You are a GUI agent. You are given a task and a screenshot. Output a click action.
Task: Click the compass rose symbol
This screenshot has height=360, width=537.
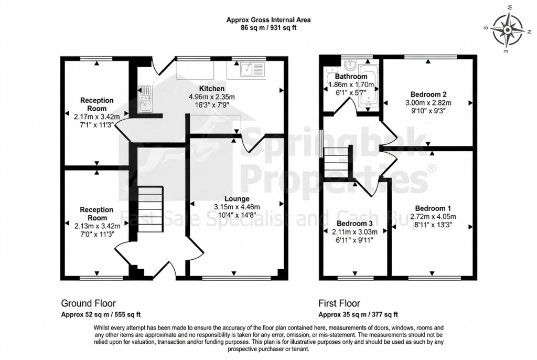pyautogui.click(x=508, y=30)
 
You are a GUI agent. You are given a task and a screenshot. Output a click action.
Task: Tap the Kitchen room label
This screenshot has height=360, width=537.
pyautogui.click(x=212, y=89)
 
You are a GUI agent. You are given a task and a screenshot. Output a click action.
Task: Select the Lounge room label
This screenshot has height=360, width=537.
pyautogui.click(x=237, y=198)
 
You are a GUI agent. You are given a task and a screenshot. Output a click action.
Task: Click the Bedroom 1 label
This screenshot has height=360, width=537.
pyautogui.click(x=433, y=208)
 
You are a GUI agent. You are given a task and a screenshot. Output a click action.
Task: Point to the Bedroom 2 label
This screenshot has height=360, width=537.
pyautogui.click(x=428, y=94)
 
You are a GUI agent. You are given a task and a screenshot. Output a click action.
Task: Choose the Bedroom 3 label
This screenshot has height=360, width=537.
pyautogui.click(x=355, y=224)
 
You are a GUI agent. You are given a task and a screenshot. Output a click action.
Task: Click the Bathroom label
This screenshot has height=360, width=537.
pyautogui.click(x=351, y=77)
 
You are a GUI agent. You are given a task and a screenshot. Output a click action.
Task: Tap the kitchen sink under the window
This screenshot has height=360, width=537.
pyautogui.click(x=253, y=70)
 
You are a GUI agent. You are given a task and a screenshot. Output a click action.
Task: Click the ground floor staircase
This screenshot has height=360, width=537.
pyautogui.click(x=150, y=209)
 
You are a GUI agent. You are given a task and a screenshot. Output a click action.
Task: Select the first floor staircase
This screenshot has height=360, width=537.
pyautogui.click(x=336, y=163)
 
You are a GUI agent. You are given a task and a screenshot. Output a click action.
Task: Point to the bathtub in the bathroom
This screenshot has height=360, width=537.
pyautogui.click(x=368, y=86)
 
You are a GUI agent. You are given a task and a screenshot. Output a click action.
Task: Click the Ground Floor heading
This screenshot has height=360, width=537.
pyautogui.click(x=88, y=303)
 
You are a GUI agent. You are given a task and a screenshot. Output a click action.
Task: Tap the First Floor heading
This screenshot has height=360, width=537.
pyautogui.click(x=339, y=303)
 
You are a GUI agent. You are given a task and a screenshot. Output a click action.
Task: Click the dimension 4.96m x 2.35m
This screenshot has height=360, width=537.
pyautogui.click(x=212, y=97)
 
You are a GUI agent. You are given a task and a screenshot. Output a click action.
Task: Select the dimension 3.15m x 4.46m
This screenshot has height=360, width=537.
pyautogui.click(x=237, y=207)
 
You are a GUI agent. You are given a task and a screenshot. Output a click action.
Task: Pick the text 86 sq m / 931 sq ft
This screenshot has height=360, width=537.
pyautogui.click(x=268, y=28)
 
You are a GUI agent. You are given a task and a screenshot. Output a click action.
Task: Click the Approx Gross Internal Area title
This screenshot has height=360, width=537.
pyautogui.click(x=268, y=20)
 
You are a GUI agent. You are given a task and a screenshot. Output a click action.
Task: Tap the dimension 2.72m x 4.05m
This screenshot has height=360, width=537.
pyautogui.click(x=433, y=217)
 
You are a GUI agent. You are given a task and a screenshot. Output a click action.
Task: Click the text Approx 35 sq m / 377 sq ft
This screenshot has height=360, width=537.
pyautogui.click(x=358, y=314)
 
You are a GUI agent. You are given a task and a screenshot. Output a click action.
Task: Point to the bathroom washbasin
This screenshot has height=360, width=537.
pyautogui.click(x=349, y=65)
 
